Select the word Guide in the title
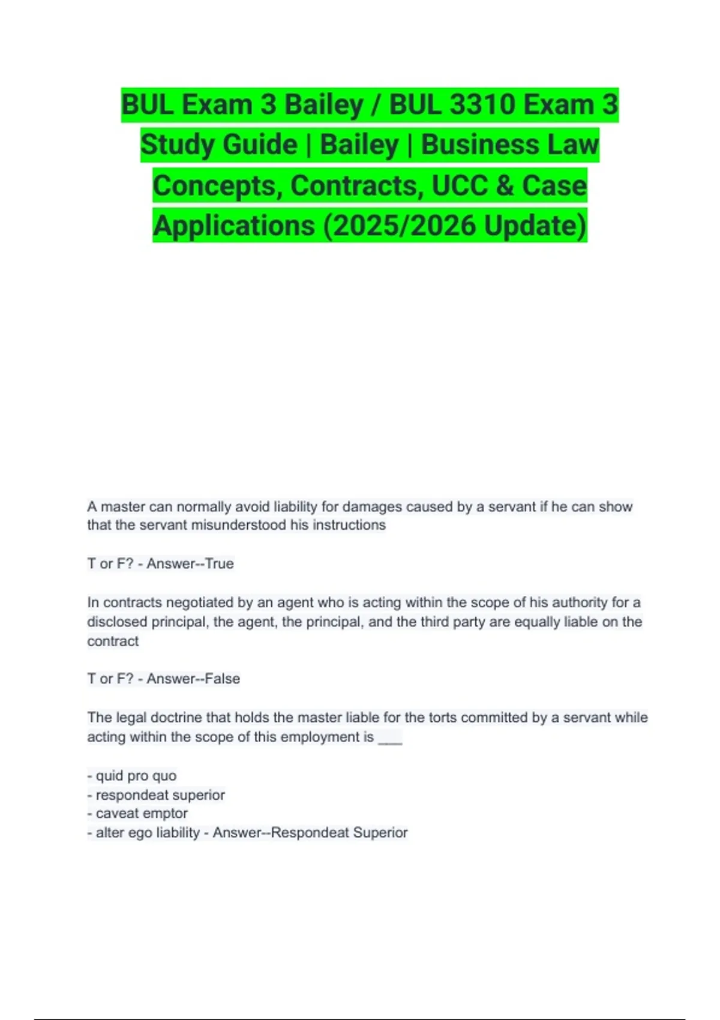tap(261, 145)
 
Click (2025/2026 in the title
tap(398, 226)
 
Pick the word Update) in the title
tap(535, 226)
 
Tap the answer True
tap(220, 563)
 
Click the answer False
tap(223, 679)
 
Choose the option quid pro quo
tap(136, 775)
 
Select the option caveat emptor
tap(142, 813)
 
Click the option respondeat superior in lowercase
tap(160, 794)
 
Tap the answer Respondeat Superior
tap(340, 832)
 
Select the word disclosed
tap(117, 622)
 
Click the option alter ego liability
tap(148, 832)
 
